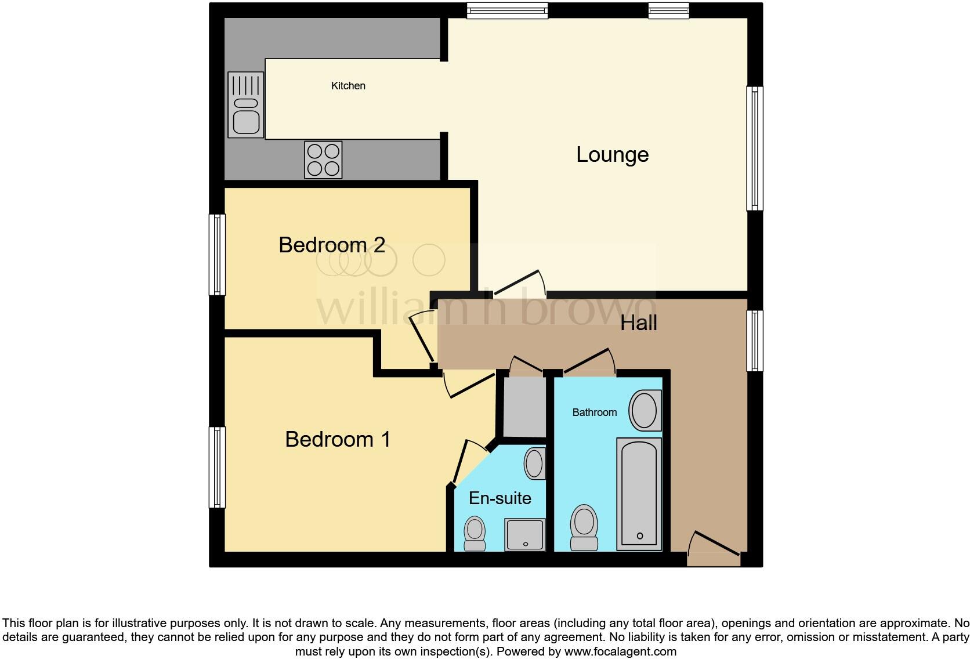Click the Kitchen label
pos(348,86)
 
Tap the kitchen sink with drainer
pos(246,105)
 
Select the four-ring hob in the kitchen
pos(323,160)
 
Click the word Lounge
pos(612,155)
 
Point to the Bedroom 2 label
pos(331,245)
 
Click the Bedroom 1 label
pos(338,439)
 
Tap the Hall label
pos(638,323)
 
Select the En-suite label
pos(500,498)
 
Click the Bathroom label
pos(594,412)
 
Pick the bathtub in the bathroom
pos(639,494)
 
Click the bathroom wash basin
pos(645,411)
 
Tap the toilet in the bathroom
pos(584,527)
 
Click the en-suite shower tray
pos(524,534)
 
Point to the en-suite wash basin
pos(534,463)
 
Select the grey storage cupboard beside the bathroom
pos(524,407)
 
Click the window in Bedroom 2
pos(217,255)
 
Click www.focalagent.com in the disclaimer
pos(620,651)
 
